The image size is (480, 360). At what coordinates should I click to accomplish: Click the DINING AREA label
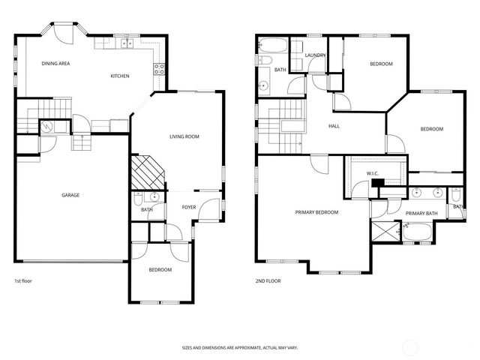55,64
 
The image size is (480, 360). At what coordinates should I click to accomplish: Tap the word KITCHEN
120,76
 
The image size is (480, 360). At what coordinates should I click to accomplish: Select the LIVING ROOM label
184,136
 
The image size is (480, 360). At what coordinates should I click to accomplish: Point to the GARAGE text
70,195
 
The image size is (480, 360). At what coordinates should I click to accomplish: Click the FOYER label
188,208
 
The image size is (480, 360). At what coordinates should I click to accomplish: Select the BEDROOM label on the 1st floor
160,270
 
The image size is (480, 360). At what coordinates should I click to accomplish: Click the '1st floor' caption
23,281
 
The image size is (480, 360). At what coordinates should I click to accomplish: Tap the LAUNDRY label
313,55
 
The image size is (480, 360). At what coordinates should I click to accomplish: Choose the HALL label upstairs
334,126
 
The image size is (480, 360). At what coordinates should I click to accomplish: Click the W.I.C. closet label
373,174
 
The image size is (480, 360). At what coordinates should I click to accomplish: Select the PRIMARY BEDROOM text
316,212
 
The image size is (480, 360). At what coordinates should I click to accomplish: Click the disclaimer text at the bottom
239,347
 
